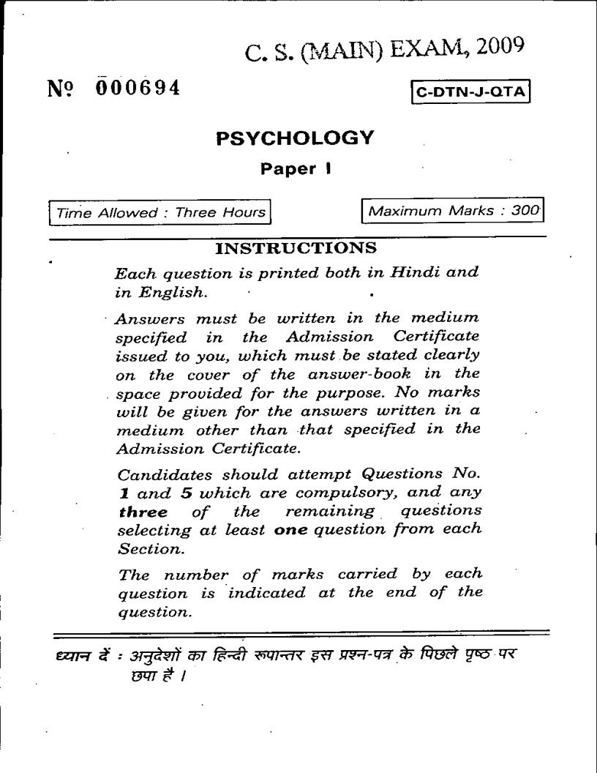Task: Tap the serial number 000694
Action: point(138,89)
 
